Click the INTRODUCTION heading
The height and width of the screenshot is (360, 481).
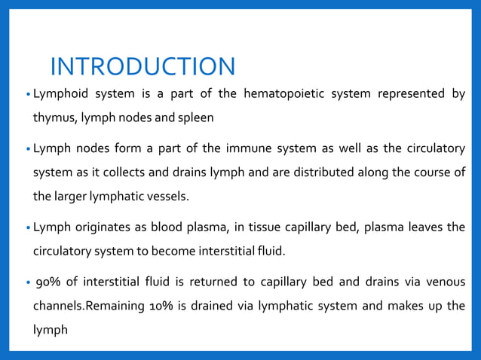click(x=142, y=66)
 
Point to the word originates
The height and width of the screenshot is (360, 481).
click(x=100, y=227)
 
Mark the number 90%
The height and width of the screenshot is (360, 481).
click(x=47, y=282)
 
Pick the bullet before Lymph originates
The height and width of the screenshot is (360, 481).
click(x=27, y=227)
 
